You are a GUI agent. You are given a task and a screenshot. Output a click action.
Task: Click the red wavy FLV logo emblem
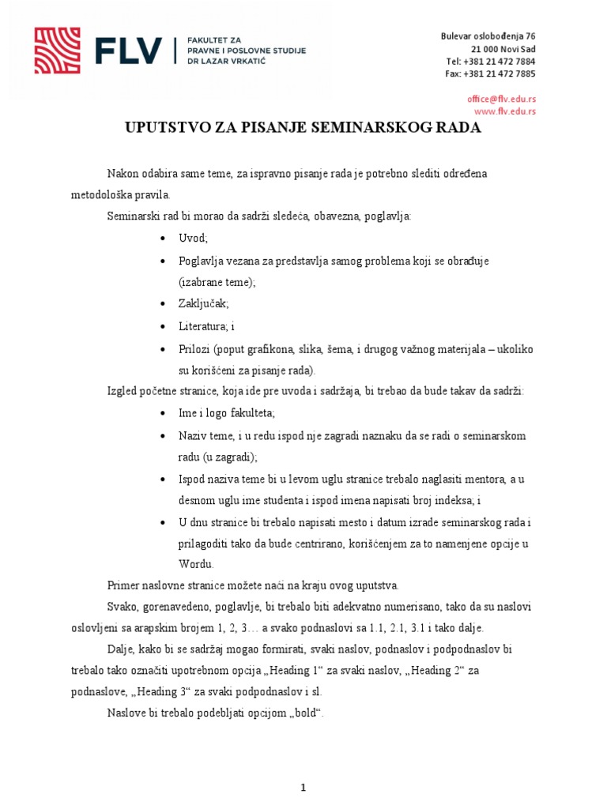57,51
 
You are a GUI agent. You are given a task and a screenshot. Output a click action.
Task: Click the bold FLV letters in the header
128,51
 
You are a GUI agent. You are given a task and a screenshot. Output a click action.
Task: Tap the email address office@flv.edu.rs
501,99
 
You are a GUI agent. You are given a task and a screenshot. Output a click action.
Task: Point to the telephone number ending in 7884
490,61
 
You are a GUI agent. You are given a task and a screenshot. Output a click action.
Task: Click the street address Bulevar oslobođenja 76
488,36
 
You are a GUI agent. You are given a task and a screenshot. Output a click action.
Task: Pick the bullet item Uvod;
194,238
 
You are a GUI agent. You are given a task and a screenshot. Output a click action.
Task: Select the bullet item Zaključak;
204,304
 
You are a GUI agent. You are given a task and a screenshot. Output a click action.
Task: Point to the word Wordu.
196,564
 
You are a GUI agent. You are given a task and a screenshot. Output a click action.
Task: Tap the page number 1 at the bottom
303,766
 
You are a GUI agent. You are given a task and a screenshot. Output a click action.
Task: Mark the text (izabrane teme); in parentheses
217,282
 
